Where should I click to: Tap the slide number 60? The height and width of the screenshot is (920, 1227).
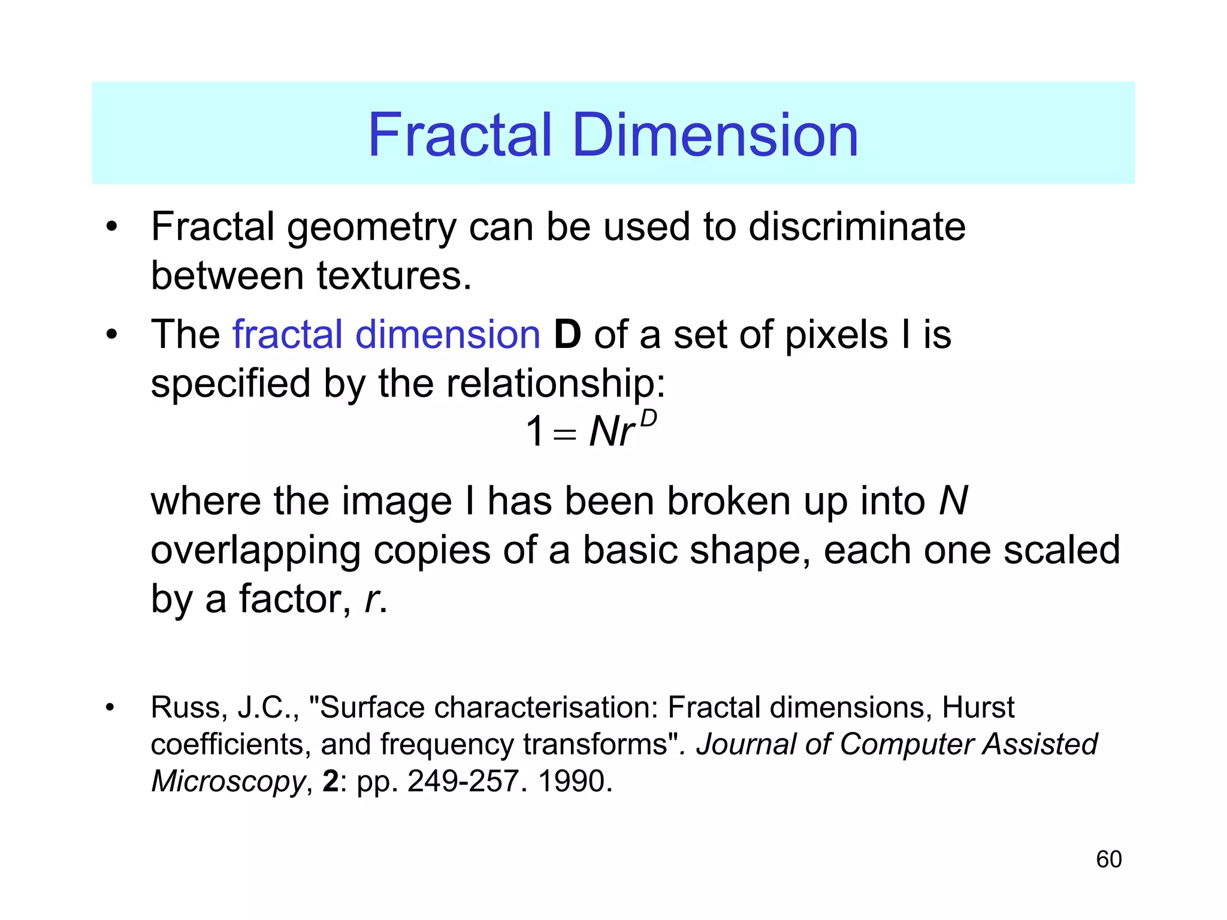[x=1108, y=860]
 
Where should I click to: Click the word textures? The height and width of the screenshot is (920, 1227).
[x=394, y=276]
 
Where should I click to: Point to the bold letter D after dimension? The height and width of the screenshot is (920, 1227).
[x=567, y=334]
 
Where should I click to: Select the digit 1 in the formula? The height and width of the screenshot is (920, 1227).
[x=534, y=431]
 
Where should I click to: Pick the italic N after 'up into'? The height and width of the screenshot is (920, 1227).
[x=953, y=501]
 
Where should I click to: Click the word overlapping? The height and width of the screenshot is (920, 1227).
[x=255, y=551]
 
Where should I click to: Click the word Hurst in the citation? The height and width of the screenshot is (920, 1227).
[x=978, y=707]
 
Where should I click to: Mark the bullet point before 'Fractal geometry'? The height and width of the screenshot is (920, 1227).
[x=111, y=228]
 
